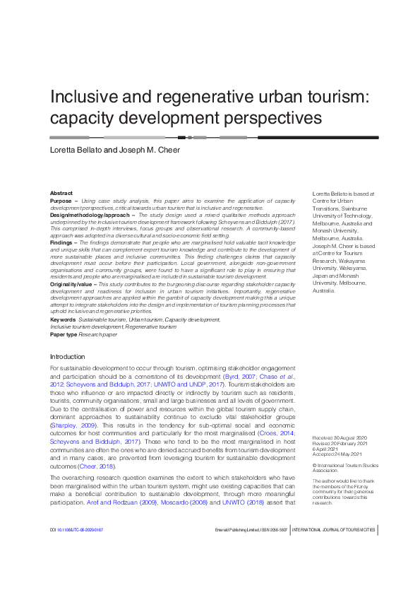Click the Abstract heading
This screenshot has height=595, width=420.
61,193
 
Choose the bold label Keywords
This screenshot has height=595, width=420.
63,319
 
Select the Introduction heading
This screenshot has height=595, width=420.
68,357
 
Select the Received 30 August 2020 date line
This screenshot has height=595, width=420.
336,419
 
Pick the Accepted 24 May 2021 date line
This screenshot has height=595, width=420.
336,435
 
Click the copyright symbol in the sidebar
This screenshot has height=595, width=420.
314,446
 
